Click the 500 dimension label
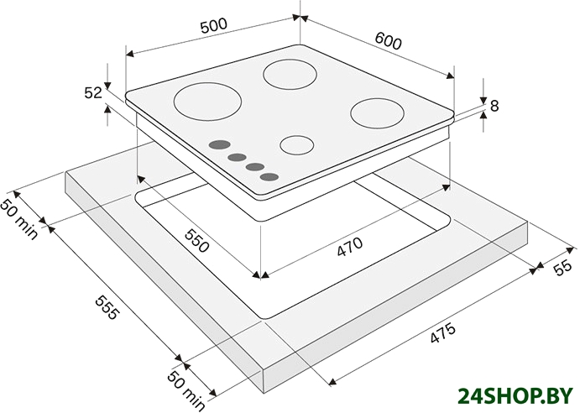coord(213,26)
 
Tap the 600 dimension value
coord(388,40)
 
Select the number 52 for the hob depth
coord(93,92)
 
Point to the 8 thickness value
coord(494,106)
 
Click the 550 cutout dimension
coord(197,241)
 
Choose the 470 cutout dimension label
coord(349,247)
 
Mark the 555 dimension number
coord(107,306)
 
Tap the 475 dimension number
coord(442,333)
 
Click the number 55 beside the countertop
coord(562,269)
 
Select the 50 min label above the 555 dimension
coord(19,219)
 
